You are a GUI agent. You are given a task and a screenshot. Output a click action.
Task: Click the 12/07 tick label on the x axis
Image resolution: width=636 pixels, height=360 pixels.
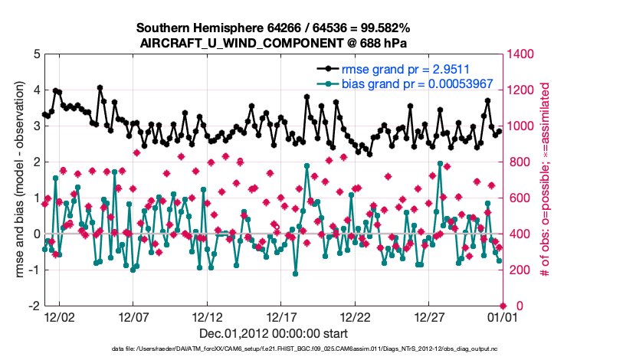coord(133,316)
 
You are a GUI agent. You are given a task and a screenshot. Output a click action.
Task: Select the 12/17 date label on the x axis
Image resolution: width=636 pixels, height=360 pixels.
coord(281,316)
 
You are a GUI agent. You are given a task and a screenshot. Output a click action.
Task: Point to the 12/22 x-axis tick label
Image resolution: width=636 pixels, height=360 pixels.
coord(356,316)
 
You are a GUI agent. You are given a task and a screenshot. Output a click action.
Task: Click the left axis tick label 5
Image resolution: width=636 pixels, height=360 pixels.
coord(37,54)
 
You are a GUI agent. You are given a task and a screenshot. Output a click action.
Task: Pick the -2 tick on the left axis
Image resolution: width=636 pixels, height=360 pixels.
coord(34,306)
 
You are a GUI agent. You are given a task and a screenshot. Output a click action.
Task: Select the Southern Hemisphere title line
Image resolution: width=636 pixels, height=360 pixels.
coord(273,28)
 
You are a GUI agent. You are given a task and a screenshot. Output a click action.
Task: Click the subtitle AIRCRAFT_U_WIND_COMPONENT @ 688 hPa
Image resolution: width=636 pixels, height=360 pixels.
coord(273,43)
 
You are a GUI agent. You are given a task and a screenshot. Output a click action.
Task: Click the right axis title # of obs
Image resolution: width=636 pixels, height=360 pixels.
coord(546,180)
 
